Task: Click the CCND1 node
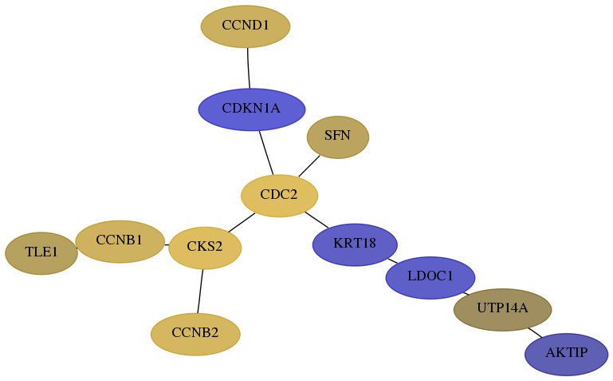pyautogui.click(x=246, y=26)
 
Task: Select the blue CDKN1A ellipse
pyautogui.click(x=252, y=109)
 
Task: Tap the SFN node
pyautogui.click(x=338, y=137)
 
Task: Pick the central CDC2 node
pyautogui.click(x=280, y=196)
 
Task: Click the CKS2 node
pyautogui.click(x=205, y=248)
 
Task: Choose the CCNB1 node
pyautogui.click(x=120, y=241)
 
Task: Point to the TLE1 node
pyautogui.click(x=41, y=253)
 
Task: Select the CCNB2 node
pyautogui.click(x=195, y=335)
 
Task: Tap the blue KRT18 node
pyautogui.click(x=355, y=244)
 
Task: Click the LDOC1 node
pyautogui.click(x=430, y=278)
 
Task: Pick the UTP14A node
pyautogui.click(x=503, y=310)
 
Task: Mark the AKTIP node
pyautogui.click(x=567, y=355)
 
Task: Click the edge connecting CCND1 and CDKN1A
pyautogui.click(x=248, y=68)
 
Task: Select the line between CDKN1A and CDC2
pyautogui.click(x=266, y=153)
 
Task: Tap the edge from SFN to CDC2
pyautogui.click(x=309, y=166)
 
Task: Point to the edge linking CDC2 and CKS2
pyautogui.click(x=242, y=222)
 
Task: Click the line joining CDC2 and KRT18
pyautogui.click(x=316, y=220)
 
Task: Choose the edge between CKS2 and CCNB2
pyautogui.click(x=200, y=291)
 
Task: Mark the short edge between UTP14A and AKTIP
pyautogui.click(x=535, y=332)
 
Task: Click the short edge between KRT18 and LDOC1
pyautogui.click(x=392, y=260)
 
